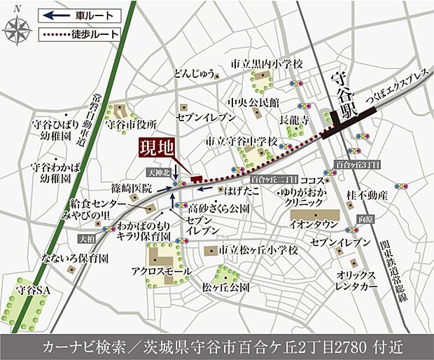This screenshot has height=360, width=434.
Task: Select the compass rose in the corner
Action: [18, 29]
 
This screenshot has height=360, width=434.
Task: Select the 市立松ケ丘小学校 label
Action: [258, 249]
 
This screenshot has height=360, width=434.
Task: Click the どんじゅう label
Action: [172, 74]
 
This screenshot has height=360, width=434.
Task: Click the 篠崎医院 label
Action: [132, 188]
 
